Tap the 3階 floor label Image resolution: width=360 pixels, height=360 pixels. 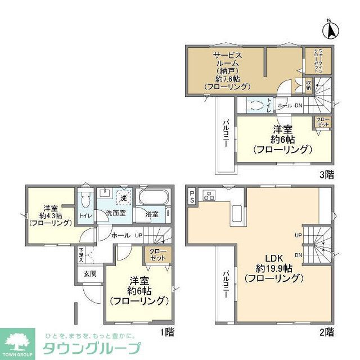[x=326, y=174]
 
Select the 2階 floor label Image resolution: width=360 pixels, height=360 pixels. [x=327, y=331]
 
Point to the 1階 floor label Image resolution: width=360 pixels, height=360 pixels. [x=166, y=331]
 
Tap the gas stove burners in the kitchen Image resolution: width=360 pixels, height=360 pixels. [x=210, y=196]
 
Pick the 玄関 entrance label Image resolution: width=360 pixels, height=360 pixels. [x=91, y=274]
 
